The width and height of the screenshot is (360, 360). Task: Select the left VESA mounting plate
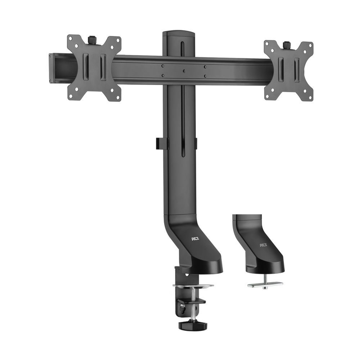(94, 68)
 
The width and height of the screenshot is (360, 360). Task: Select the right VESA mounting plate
(288, 70)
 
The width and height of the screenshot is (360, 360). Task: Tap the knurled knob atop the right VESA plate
(287, 45)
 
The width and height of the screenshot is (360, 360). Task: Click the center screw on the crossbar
(184, 71)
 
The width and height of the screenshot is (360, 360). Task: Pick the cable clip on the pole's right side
(196, 143)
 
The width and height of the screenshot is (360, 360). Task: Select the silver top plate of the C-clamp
(193, 286)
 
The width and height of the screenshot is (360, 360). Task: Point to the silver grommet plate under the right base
(265, 284)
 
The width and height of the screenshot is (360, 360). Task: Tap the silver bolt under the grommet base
(265, 281)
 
